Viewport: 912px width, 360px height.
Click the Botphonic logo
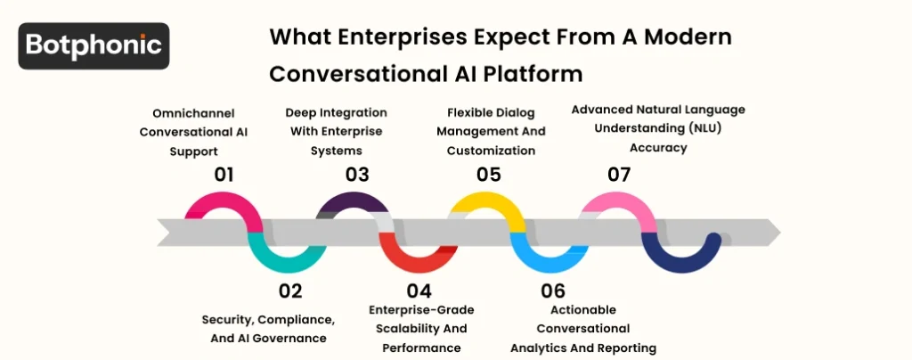[94, 45]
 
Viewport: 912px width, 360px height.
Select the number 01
[224, 174]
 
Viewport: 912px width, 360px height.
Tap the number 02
[290, 290]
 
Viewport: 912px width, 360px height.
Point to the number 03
[357, 174]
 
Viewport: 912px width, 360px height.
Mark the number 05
[488, 174]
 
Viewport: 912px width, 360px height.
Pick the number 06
[552, 290]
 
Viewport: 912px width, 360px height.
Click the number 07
[618, 174]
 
